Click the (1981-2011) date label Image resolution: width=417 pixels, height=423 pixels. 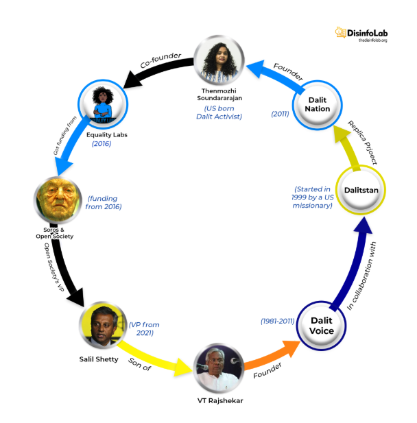click(x=278, y=321)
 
